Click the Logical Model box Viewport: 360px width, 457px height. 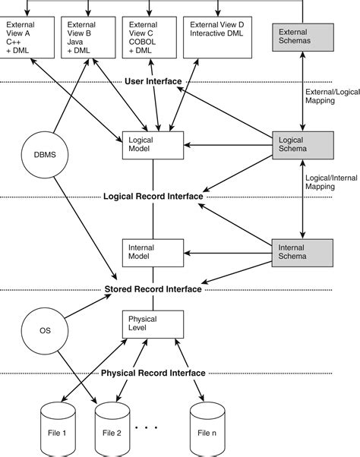(153, 144)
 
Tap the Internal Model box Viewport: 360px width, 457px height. (153, 252)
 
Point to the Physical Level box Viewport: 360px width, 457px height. (153, 324)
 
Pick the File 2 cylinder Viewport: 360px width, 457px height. (113, 430)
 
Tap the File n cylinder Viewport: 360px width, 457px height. (207, 430)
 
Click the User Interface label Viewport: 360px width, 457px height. (153, 81)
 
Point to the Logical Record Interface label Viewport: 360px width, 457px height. (153, 197)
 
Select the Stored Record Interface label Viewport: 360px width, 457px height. (153, 288)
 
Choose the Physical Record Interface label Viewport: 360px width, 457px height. (153, 373)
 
